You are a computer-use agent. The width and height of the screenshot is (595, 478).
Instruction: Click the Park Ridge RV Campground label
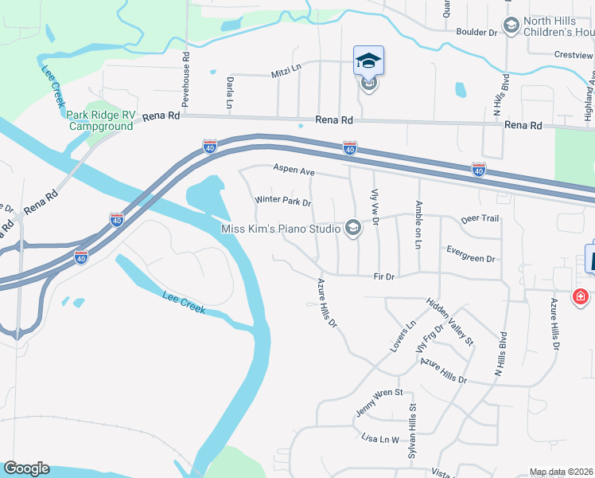(x=100, y=120)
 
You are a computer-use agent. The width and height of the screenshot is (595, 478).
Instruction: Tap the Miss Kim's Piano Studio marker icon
(x=353, y=229)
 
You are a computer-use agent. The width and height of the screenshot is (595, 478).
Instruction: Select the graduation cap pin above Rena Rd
(x=368, y=61)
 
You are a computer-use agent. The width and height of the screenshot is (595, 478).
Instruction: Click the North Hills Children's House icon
(x=511, y=26)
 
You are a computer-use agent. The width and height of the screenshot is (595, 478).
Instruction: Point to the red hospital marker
(x=581, y=297)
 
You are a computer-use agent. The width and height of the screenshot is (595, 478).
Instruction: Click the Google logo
(x=26, y=468)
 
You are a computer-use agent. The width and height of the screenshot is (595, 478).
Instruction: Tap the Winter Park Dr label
(x=282, y=202)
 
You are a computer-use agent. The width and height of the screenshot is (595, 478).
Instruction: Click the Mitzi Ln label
(x=286, y=69)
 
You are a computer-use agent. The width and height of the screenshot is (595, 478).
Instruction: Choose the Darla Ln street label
(x=229, y=94)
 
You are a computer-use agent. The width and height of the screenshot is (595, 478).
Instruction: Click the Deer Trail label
(x=480, y=218)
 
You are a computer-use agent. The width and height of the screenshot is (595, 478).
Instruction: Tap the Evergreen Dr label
(x=471, y=259)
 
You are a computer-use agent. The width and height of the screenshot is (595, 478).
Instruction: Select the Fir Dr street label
(x=384, y=276)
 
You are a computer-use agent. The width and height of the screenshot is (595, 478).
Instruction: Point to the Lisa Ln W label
(x=379, y=439)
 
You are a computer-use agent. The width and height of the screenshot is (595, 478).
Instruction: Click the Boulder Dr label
(x=476, y=33)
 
